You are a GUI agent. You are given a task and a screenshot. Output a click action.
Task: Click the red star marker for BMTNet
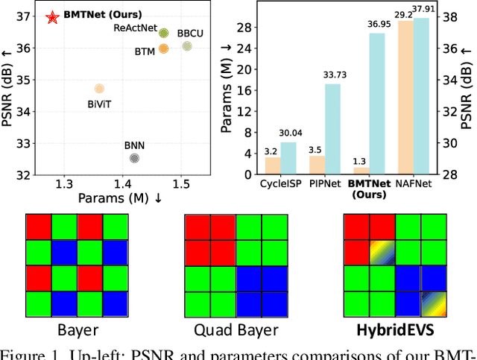point(52,17)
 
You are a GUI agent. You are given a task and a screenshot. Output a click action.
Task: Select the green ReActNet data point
point(163,33)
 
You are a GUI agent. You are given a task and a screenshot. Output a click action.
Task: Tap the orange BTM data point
point(163,48)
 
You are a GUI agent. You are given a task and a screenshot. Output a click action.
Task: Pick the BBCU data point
point(187,46)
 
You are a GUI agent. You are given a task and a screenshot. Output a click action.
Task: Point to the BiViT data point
point(99,89)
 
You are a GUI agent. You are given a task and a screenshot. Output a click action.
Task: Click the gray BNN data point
point(134,158)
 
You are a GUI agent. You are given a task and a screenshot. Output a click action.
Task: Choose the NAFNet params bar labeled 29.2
point(405,98)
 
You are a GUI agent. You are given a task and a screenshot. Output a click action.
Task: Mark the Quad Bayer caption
point(235,330)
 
